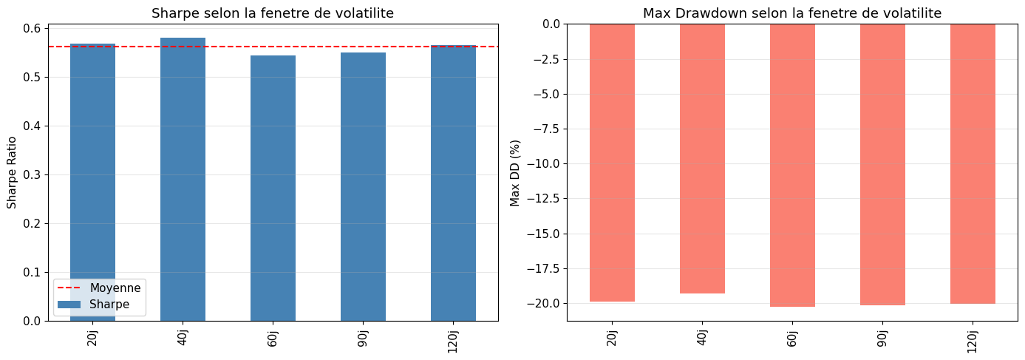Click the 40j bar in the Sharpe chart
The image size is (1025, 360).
tap(183, 180)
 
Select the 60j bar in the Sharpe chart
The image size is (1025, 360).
tap(273, 189)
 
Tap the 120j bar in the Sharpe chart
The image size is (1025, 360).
tap(453, 183)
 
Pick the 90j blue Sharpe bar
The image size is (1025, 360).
tap(363, 186)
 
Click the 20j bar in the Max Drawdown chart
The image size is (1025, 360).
tap(612, 163)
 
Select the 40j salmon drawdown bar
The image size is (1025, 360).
tap(702, 159)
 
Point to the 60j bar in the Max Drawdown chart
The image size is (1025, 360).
tap(792, 165)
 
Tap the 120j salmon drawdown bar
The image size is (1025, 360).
tap(973, 164)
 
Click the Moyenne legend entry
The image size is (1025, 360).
tap(99, 288)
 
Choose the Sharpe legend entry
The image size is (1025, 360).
tap(93, 305)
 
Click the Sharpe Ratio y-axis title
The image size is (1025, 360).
tap(11, 173)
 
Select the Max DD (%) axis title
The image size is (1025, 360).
tap(514, 173)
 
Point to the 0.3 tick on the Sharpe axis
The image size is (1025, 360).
tap(32, 174)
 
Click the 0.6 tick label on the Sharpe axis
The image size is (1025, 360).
tap(32, 28)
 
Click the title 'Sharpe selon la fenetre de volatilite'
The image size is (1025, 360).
tap(273, 13)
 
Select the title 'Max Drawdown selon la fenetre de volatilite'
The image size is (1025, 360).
tap(792, 13)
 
